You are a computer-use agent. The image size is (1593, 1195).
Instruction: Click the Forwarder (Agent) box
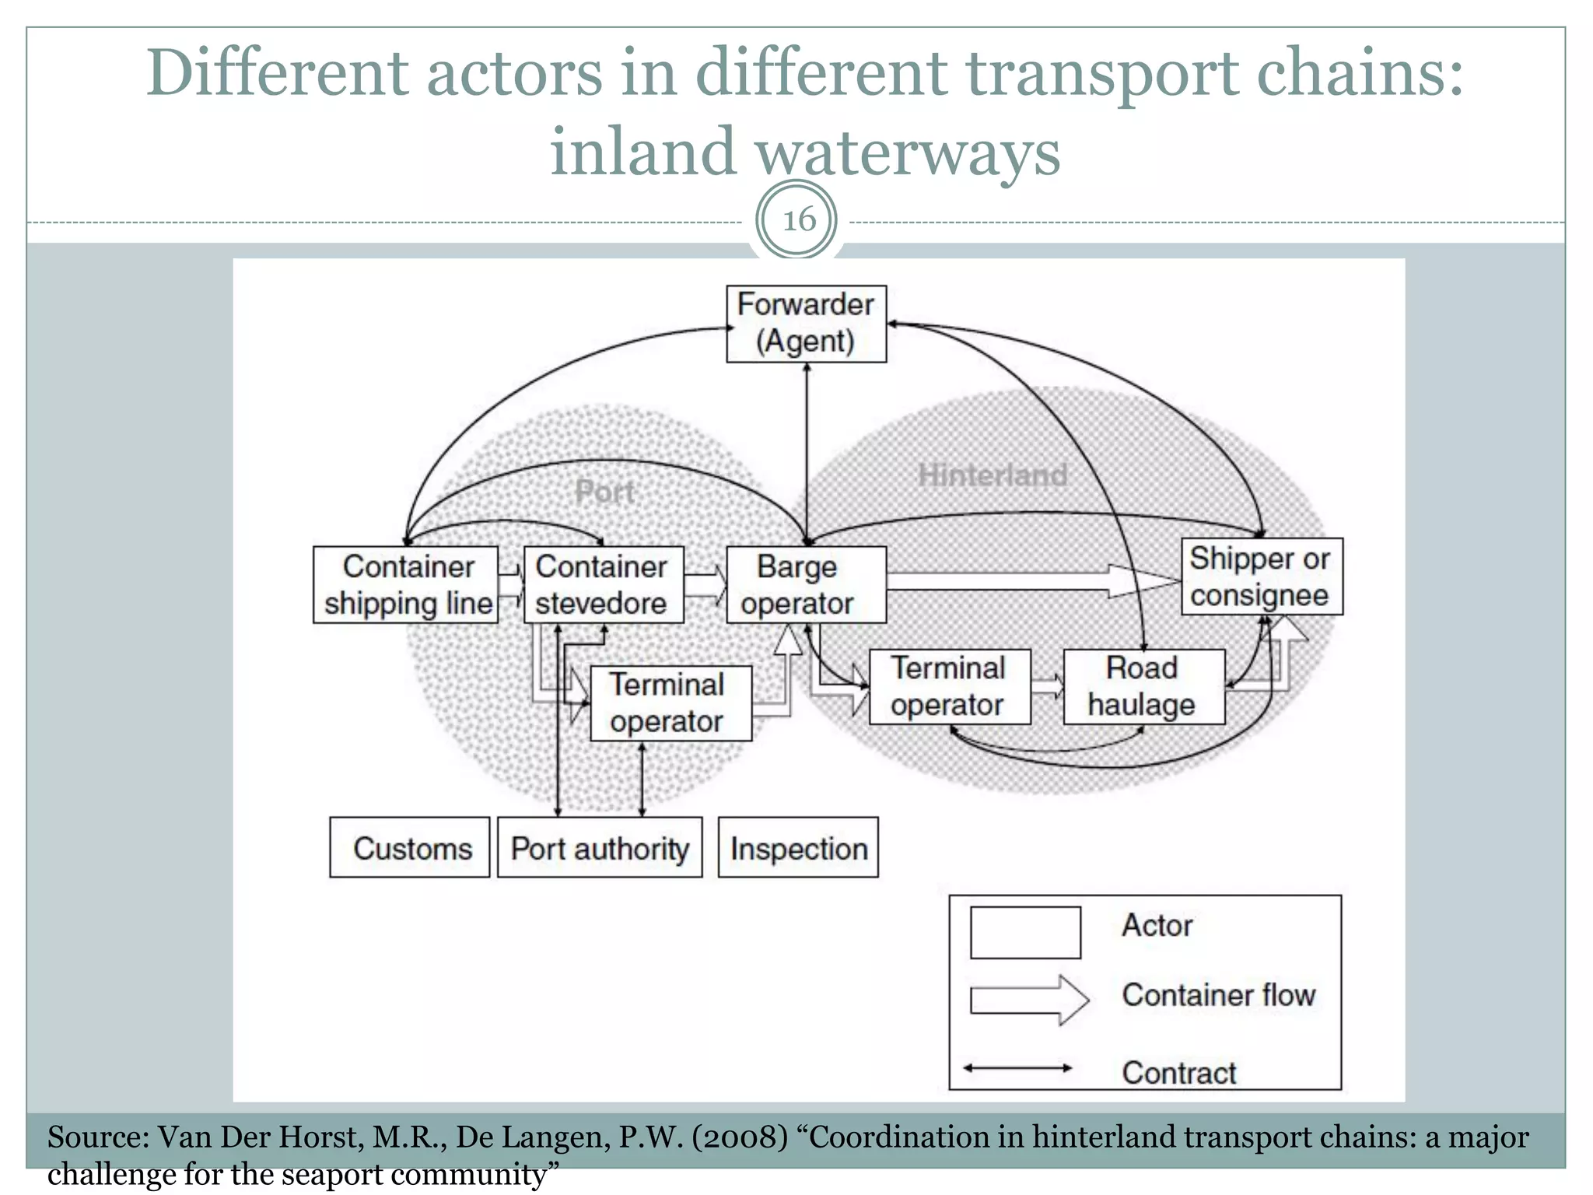coord(806,324)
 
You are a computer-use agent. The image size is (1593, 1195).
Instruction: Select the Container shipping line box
coord(405,585)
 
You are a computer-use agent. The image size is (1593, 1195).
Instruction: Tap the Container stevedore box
coord(604,585)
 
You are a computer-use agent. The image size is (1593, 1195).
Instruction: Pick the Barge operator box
coord(806,585)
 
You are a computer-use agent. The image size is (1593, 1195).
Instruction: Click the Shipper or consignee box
coord(1262,576)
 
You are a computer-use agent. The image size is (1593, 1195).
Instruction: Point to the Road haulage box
coord(1143,687)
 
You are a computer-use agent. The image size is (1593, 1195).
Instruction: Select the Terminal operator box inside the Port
coord(670,703)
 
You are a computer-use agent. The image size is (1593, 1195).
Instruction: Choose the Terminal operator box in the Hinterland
coord(950,687)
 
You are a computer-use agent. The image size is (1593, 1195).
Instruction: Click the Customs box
coord(410,847)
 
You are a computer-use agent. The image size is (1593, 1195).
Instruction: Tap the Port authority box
coord(600,847)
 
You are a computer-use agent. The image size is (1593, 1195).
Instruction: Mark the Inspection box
coord(798,847)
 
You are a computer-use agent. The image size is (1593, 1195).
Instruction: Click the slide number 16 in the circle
coord(798,220)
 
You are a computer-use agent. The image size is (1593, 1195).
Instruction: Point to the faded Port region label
coord(604,492)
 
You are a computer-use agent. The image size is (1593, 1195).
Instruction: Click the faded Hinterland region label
coord(993,475)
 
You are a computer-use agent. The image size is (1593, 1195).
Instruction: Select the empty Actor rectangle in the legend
coord(1025,932)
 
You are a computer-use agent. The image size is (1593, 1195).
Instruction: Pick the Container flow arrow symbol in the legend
coord(1028,999)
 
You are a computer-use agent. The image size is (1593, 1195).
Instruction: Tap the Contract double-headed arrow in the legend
coord(1017,1068)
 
